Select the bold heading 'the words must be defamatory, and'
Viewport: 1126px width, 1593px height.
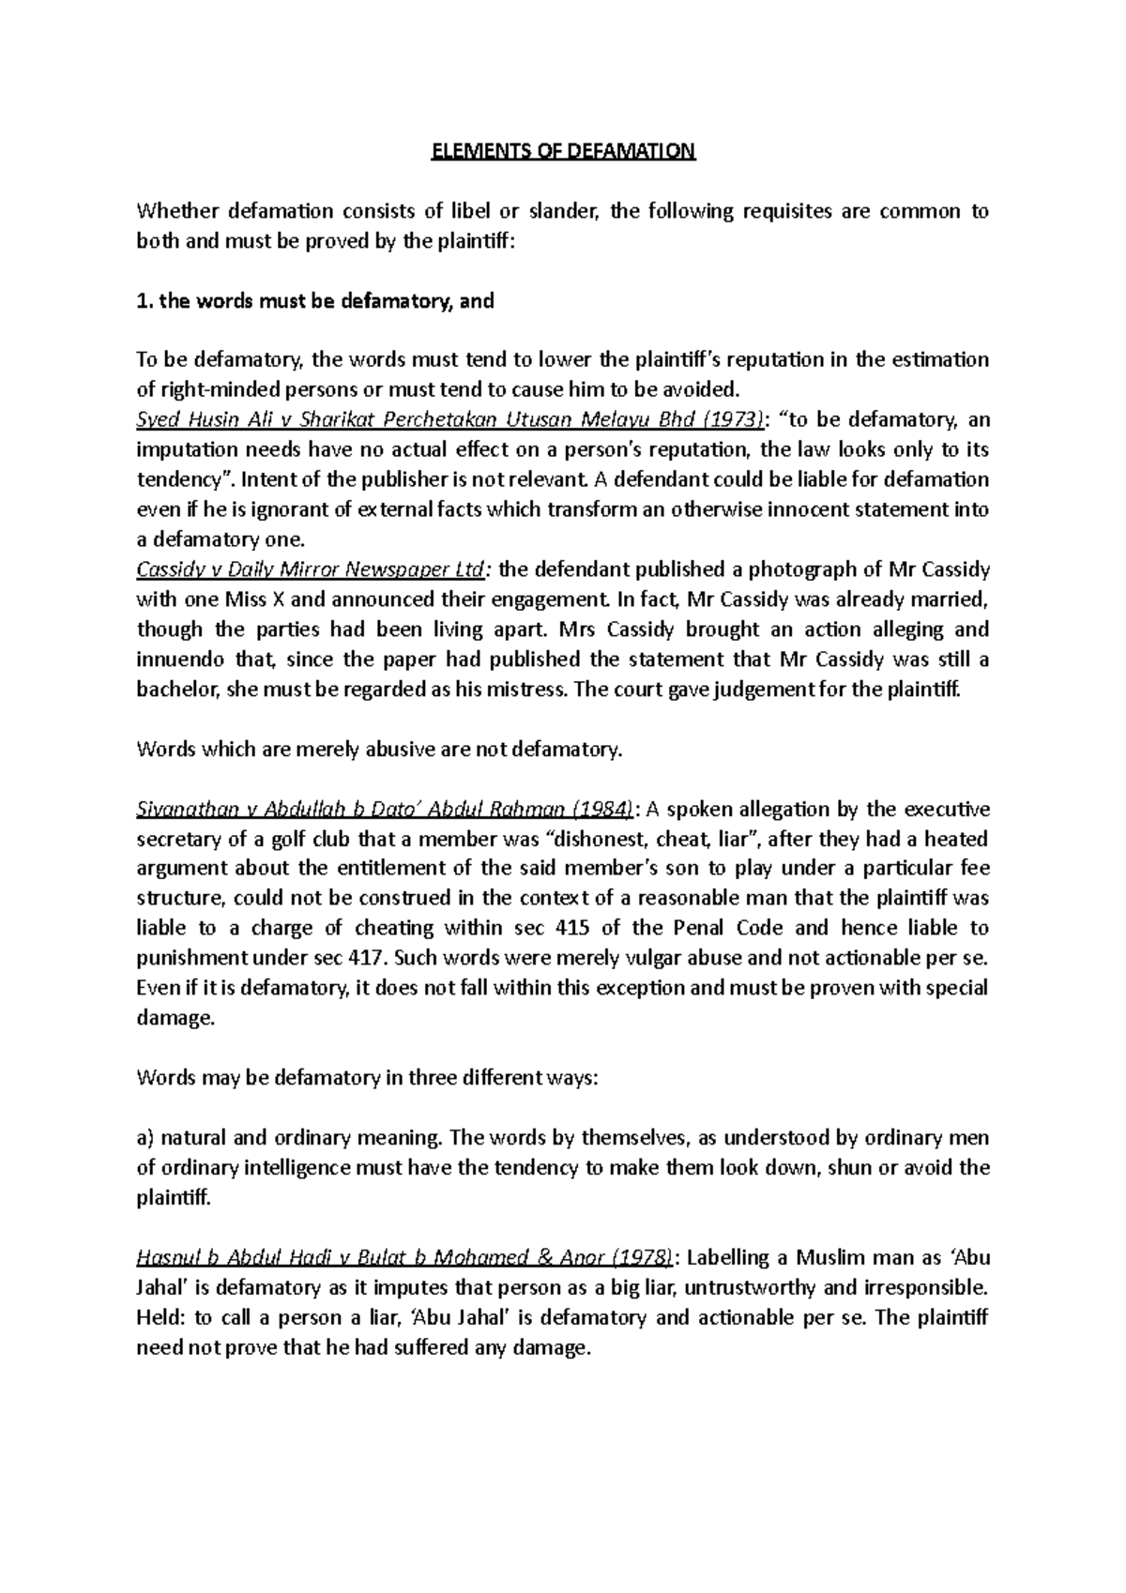326,301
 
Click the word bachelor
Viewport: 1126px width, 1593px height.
176,690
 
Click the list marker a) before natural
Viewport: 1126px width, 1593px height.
145,1139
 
